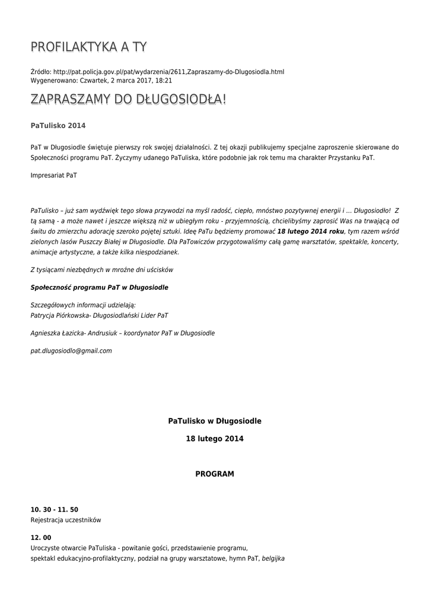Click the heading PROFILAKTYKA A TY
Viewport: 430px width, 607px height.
click(89, 47)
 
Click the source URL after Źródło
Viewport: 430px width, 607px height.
click(168, 72)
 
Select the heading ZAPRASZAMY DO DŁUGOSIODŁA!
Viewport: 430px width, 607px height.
click(128, 100)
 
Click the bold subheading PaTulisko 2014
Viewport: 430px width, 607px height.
click(58, 126)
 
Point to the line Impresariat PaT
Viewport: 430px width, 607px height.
click(53, 175)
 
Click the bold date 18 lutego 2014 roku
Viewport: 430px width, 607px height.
click(311, 231)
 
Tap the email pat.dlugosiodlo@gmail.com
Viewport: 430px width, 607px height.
click(71, 351)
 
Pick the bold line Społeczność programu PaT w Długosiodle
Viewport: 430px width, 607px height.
click(99, 287)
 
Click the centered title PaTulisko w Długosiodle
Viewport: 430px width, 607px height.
click(215, 421)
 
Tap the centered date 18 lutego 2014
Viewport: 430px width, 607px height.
click(215, 439)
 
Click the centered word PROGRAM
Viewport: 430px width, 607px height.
click(215, 474)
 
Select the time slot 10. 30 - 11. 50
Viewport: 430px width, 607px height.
click(55, 510)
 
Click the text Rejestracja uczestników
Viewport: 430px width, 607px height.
click(66, 520)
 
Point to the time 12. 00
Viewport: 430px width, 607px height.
click(41, 538)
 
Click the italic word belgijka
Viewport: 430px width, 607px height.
click(273, 558)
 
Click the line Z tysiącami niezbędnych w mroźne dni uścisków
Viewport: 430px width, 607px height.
click(101, 270)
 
